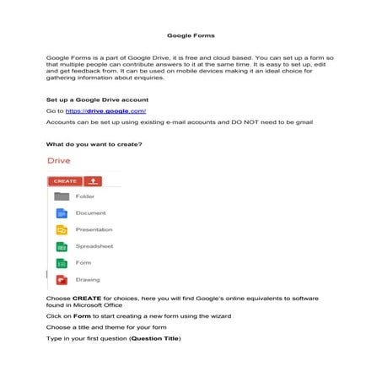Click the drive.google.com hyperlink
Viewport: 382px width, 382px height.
(113, 111)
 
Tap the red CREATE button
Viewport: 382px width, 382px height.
(64, 180)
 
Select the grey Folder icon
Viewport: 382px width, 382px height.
(61, 196)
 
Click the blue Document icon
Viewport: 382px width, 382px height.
(61, 213)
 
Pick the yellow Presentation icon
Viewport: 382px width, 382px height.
(61, 229)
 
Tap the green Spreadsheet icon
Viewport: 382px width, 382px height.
(61, 246)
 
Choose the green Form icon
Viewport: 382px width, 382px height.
(61, 263)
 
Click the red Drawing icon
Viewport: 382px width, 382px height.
(61, 279)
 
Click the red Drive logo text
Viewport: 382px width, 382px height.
(60, 161)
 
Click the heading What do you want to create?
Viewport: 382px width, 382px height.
(94, 143)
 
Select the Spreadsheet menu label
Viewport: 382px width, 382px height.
(94, 246)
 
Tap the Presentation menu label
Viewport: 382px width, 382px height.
(94, 229)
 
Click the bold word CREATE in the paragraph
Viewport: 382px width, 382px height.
(86, 298)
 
